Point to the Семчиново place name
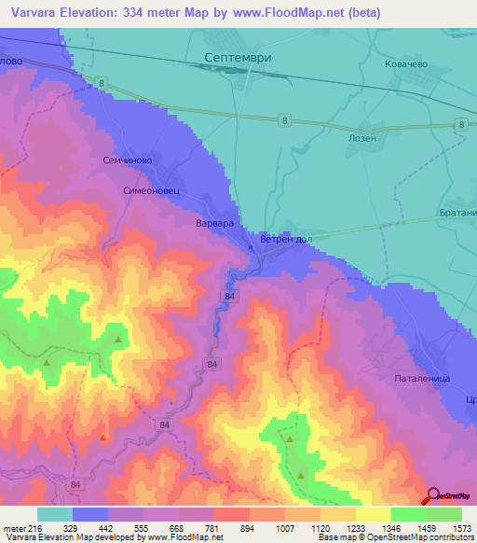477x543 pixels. (x=127, y=160)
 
